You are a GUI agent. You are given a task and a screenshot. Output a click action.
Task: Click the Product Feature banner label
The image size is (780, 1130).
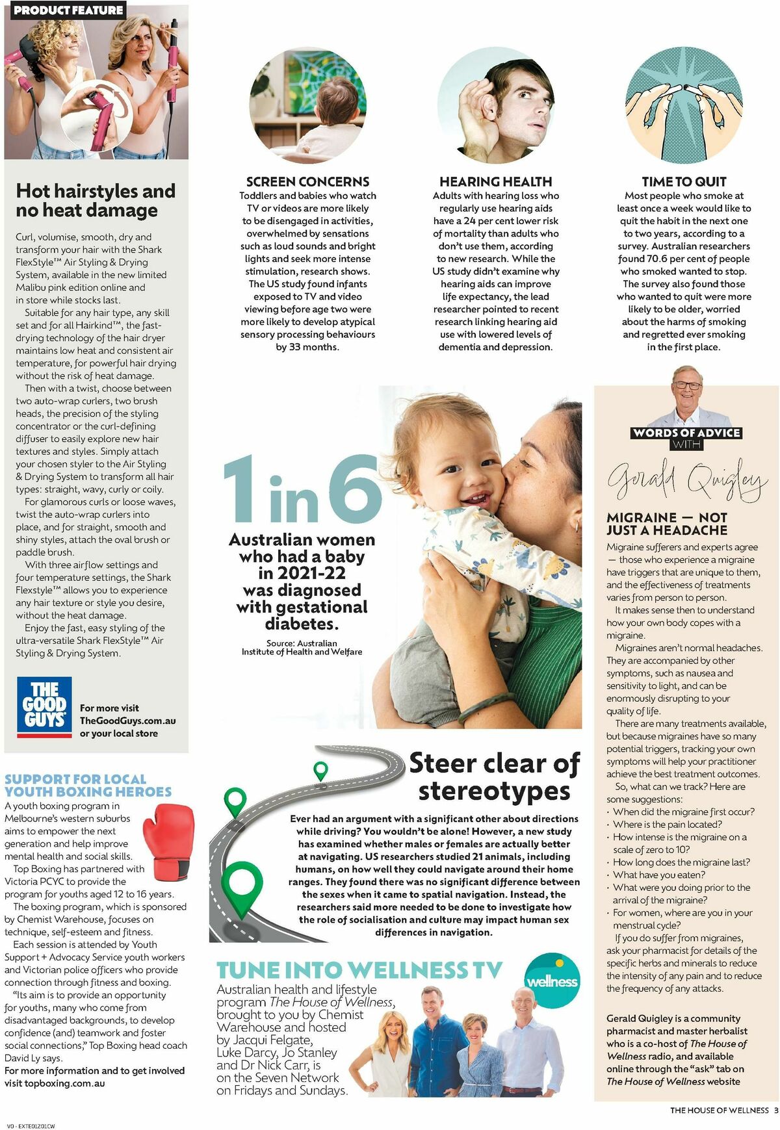coord(68,10)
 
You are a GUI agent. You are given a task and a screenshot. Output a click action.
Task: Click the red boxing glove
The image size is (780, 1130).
coord(168,836)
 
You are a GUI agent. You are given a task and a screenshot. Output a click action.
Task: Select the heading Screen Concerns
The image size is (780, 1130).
coord(307,182)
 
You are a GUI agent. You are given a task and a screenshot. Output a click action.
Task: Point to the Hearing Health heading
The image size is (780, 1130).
coord(495,182)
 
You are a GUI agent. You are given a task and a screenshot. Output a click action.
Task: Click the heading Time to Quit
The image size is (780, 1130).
coord(684,182)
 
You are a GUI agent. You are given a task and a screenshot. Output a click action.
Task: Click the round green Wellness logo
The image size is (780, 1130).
coord(552,981)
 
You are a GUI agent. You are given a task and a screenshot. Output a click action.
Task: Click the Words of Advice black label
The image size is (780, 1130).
coord(687,433)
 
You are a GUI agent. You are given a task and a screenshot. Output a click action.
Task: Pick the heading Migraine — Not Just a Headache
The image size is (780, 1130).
coord(667,524)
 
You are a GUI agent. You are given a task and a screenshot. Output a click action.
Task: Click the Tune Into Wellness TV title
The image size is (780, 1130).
coord(359,970)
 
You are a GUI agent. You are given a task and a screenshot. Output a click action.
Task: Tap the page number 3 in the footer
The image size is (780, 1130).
coord(775,1111)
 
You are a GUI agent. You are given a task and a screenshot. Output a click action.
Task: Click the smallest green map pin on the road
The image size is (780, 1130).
coord(320,771)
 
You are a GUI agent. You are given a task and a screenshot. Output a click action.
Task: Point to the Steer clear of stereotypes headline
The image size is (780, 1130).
coord(494,777)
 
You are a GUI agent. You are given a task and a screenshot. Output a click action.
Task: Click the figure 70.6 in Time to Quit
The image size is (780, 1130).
coord(660,259)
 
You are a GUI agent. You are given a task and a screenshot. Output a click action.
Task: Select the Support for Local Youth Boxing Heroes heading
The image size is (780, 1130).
coord(88,785)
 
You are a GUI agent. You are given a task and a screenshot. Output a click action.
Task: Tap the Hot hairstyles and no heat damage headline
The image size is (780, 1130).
coord(96,200)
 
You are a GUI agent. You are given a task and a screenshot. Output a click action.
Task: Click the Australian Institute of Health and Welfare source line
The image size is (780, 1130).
coord(302,647)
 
